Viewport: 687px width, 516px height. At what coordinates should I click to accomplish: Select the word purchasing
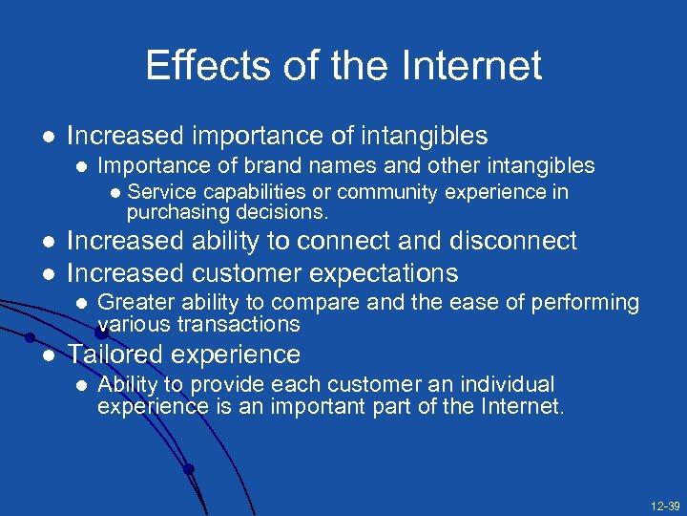(x=172, y=210)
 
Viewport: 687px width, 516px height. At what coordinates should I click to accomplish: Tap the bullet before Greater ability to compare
(x=82, y=304)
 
